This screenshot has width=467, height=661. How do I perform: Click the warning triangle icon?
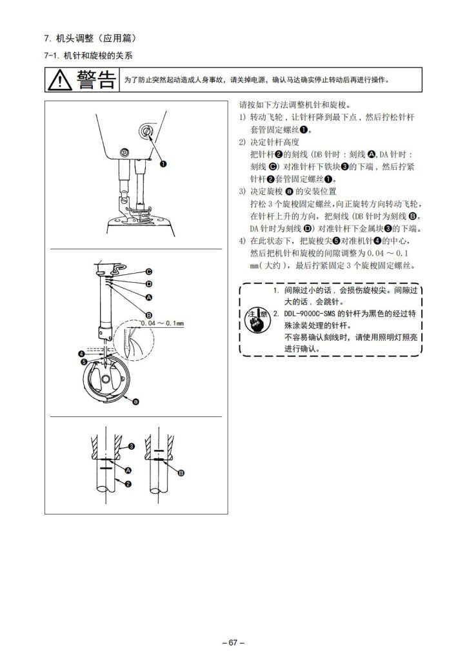coord(60,80)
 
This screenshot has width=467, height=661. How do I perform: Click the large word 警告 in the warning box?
coord(96,79)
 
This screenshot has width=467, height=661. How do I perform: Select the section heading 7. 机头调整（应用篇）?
coord(90,38)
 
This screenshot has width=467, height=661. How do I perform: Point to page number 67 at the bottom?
coord(234,642)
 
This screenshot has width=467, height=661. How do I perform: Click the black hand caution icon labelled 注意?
coord(257,321)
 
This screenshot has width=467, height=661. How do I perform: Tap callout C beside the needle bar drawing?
coord(148,272)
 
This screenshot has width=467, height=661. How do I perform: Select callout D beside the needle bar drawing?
coord(148,284)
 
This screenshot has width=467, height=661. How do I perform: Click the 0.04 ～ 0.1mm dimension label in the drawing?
coord(162,323)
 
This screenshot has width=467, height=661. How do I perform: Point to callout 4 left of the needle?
coord(81,354)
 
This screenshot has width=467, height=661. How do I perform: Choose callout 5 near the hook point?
coord(84,361)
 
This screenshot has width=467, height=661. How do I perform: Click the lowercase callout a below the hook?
coord(135,402)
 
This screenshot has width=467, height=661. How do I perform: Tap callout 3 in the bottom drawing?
coord(132,446)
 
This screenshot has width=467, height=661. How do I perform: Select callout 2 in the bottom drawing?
coord(128,484)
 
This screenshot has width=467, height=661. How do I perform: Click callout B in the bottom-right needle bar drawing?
coord(181,473)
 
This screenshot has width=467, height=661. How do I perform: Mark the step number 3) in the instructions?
coord(242,191)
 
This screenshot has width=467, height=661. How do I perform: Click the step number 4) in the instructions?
coord(242,241)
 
